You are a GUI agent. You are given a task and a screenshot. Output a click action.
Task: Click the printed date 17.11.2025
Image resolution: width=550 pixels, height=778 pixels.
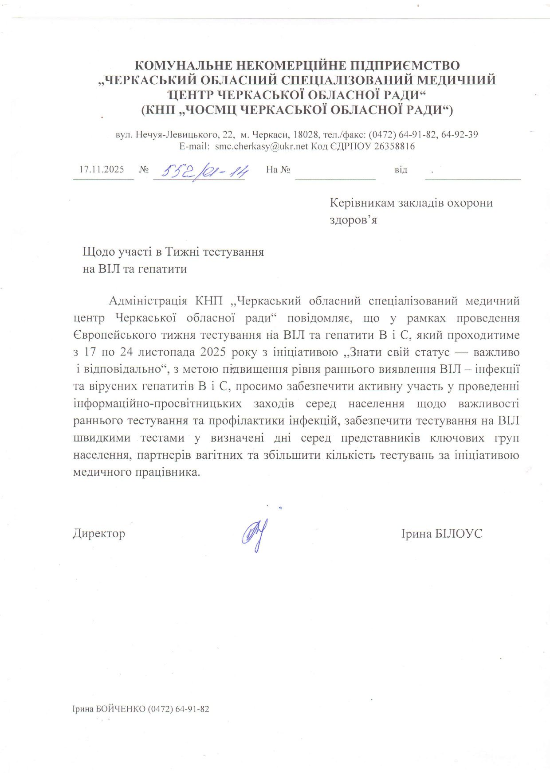click(102, 169)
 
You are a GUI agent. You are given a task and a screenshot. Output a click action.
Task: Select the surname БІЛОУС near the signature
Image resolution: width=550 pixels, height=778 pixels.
click(458, 533)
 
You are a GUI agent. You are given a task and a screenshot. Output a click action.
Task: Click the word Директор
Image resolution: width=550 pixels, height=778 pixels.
click(99, 533)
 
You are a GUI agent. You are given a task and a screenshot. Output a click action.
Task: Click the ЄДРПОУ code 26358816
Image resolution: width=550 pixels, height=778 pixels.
click(395, 146)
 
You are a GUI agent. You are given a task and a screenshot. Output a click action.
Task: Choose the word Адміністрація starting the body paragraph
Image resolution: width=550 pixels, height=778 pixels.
click(148, 301)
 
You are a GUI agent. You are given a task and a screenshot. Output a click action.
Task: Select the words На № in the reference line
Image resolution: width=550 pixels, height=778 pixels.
click(278, 169)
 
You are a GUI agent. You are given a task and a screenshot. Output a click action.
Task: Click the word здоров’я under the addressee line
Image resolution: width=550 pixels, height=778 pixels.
click(353, 219)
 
